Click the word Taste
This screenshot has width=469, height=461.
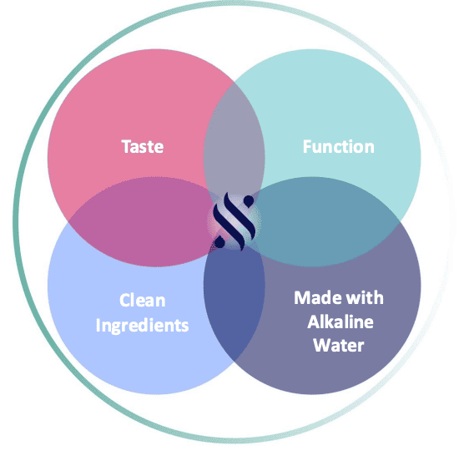[143, 147]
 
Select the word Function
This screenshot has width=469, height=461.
[339, 147]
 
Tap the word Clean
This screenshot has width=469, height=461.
[143, 300]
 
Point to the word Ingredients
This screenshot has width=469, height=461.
[142, 326]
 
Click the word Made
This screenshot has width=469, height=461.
[316, 298]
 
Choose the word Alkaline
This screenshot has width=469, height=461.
[340, 322]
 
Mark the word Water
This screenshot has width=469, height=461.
[339, 346]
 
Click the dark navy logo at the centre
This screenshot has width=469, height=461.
[234, 221]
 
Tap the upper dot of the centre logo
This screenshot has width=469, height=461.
[249, 201]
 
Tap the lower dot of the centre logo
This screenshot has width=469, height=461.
[219, 242]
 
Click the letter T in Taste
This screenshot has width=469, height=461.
[126, 147]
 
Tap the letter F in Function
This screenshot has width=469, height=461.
[307, 147]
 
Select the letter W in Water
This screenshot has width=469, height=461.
[322, 346]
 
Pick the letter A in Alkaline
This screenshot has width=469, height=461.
[313, 322]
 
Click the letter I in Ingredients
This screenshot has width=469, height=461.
[98, 325]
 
